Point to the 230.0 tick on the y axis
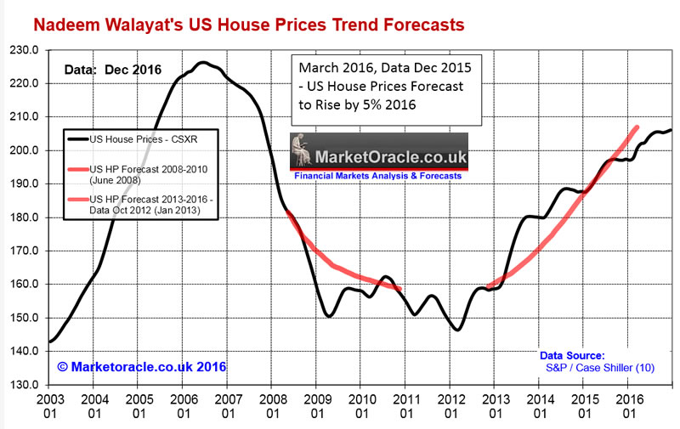tap(25, 50)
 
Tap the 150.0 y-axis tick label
tap(25, 318)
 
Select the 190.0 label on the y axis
tap(25, 184)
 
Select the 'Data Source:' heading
tap(571, 355)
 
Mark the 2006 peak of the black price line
tap(203, 62)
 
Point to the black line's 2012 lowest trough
tap(458, 330)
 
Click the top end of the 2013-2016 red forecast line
tap(637, 127)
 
